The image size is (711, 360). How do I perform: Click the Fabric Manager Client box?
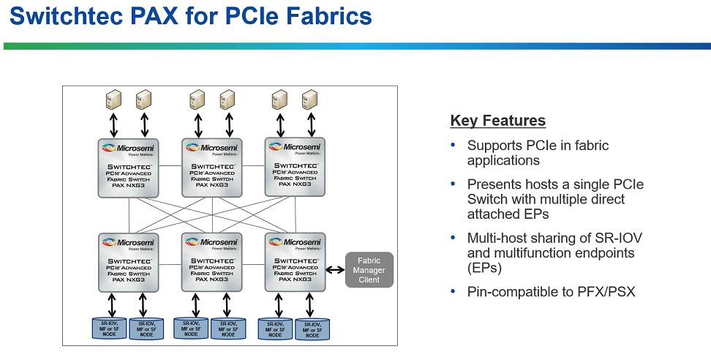tap(369, 270)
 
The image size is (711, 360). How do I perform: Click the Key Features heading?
tap(497, 121)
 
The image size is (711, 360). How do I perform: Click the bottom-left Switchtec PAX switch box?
tap(129, 261)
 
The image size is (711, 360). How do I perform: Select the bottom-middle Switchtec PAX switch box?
tap(212, 261)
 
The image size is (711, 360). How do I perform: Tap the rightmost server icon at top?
tap(310, 99)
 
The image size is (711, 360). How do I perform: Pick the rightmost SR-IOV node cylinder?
tap(312, 329)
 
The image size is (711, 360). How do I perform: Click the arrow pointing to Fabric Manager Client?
tap(335, 270)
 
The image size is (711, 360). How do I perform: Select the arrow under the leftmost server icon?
tap(113, 124)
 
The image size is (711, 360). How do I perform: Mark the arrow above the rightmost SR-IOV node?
tap(310, 304)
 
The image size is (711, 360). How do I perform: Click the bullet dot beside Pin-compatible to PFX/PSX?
tap(453, 291)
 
